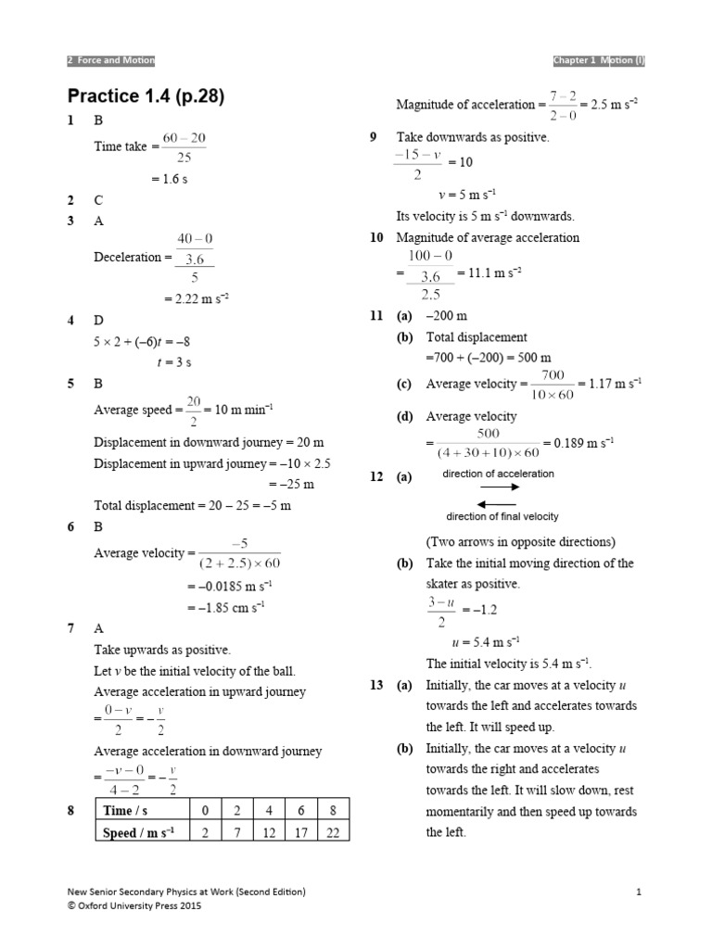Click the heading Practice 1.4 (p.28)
click(x=146, y=95)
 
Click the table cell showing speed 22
click(x=333, y=832)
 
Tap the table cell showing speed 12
click(x=269, y=832)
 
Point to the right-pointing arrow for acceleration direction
click(x=500, y=486)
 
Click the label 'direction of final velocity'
click(x=502, y=517)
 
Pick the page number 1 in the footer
click(x=640, y=892)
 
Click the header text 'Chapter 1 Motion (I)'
click(x=598, y=60)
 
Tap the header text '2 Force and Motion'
click(x=111, y=60)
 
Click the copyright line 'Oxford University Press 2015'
click(x=138, y=906)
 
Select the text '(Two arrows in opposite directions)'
click(x=520, y=542)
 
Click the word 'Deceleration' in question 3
click(x=127, y=258)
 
